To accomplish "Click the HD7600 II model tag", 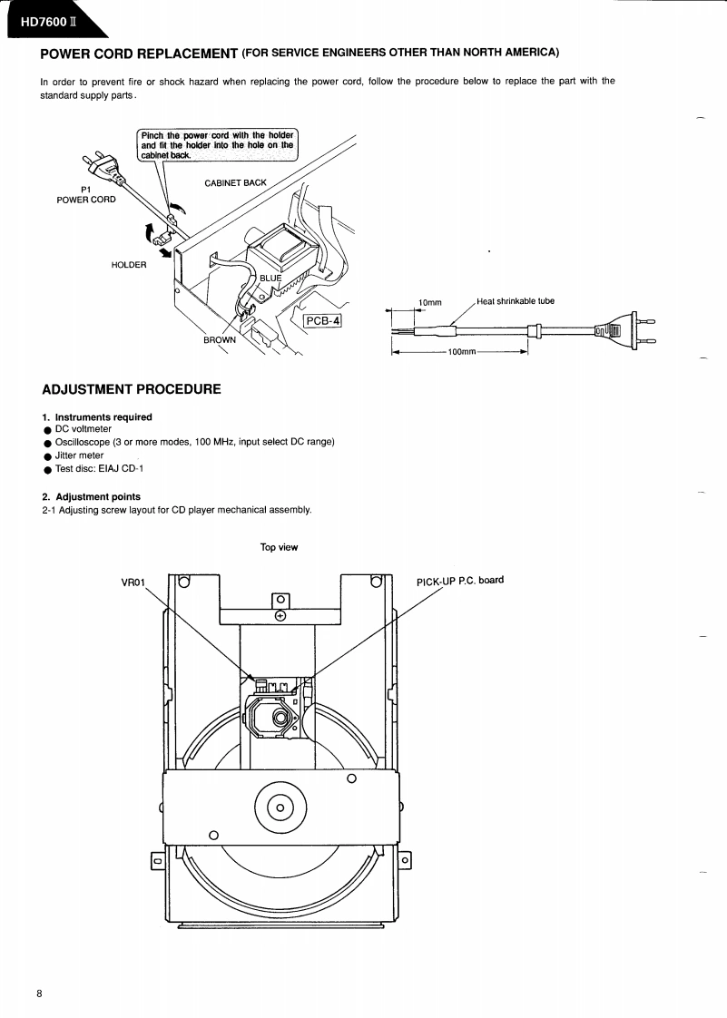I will click(x=46, y=22).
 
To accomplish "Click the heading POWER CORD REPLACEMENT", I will click(x=140, y=53).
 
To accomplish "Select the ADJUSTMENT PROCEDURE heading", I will click(x=132, y=389).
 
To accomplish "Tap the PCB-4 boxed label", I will click(x=321, y=320).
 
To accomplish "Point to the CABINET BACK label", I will click(x=235, y=182).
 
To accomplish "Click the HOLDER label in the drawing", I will click(x=128, y=265).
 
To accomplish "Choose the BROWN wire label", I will click(x=219, y=340).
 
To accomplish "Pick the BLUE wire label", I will click(x=270, y=278).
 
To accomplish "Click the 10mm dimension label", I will click(x=429, y=302).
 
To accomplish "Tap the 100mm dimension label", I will click(x=462, y=351).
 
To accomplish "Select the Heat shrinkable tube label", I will click(x=515, y=301).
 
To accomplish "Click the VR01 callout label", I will click(x=133, y=582).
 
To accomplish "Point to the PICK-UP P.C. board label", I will click(x=459, y=581).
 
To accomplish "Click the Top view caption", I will click(x=279, y=547).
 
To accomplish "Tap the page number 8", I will click(x=39, y=994).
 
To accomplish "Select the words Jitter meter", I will click(x=79, y=455).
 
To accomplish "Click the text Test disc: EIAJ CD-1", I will click(x=99, y=468).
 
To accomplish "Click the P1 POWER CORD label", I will click(x=86, y=194).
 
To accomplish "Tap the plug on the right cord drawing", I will click(x=624, y=330).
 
